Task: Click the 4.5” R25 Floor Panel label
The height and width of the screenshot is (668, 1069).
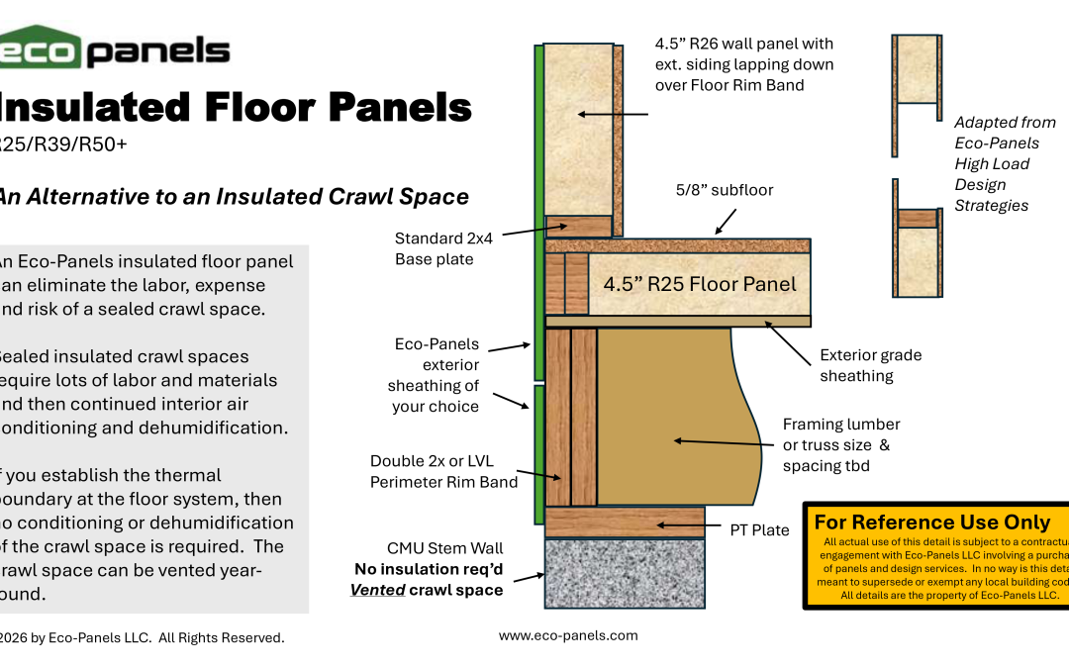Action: coord(700,285)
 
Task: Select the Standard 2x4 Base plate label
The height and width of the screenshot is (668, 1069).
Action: coord(434,248)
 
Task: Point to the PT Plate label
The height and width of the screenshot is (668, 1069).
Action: coord(759,530)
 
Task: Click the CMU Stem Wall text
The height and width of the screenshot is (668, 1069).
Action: coord(444,548)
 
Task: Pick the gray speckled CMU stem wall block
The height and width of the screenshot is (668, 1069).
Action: coord(625,573)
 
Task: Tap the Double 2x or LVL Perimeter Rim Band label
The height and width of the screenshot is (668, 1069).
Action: coord(443,471)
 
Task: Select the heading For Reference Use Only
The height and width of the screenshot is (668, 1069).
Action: coord(931,523)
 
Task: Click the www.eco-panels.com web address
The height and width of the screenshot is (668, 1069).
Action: coord(568,636)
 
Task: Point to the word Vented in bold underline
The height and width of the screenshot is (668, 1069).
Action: coord(377,590)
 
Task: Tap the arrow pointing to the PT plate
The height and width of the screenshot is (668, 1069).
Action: coord(683,525)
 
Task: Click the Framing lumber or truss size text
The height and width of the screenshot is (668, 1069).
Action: coord(841,444)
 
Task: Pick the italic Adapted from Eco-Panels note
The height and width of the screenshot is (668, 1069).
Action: coord(1004,163)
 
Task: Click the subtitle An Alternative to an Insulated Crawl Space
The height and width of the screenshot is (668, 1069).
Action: coord(233,196)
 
